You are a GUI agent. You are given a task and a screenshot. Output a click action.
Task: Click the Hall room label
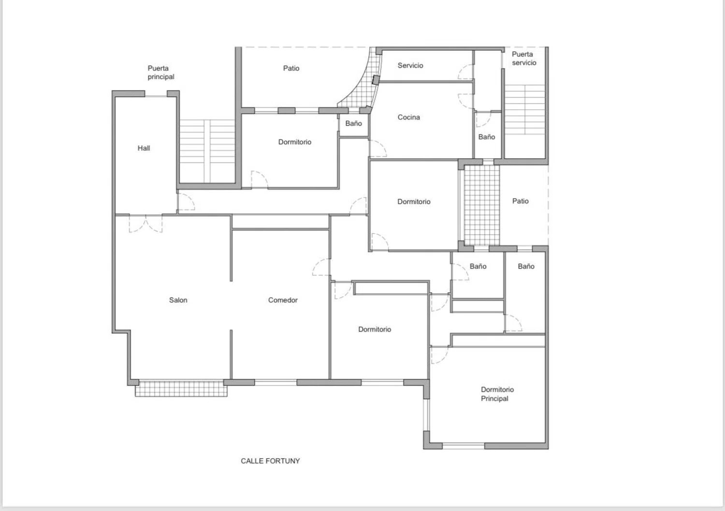click(144, 148)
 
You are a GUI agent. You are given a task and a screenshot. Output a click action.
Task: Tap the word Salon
click(178, 300)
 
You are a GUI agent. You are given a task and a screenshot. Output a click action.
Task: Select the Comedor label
click(283, 300)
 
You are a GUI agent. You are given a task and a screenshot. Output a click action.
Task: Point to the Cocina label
click(408, 117)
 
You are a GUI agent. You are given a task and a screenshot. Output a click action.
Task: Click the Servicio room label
click(410, 65)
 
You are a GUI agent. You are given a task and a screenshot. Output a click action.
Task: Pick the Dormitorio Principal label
click(497, 394)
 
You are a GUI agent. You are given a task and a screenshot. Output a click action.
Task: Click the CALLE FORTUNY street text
click(270, 461)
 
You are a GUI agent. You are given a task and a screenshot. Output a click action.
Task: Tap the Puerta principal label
click(161, 73)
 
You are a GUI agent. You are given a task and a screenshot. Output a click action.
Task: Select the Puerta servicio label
click(523, 59)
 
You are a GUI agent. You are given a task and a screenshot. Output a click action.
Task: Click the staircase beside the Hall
click(207, 151)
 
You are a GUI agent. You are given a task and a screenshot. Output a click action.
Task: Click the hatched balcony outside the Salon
click(181, 389)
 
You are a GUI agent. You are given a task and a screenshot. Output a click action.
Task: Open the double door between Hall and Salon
click(145, 224)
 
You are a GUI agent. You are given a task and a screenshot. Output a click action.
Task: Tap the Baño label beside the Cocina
click(486, 137)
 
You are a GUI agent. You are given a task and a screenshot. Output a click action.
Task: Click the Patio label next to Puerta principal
click(291, 68)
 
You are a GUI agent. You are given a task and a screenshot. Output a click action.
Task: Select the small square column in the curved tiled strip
click(376, 79)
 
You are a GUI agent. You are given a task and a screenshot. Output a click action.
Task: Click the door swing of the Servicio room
click(465, 73)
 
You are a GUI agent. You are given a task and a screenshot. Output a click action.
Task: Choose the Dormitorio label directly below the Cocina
click(414, 202)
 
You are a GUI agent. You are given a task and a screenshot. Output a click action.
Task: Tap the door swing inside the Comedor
click(321, 267)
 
